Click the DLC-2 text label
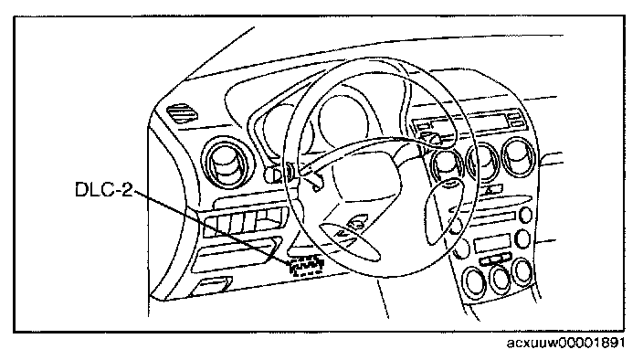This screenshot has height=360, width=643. click(x=104, y=189)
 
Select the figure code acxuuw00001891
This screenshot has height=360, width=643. click(x=565, y=342)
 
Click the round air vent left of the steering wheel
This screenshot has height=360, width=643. click(x=226, y=163)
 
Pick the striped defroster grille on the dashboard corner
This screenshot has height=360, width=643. click(x=184, y=112)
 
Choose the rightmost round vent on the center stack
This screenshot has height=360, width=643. click(x=519, y=156)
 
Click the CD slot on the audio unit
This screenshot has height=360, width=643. click(x=493, y=216)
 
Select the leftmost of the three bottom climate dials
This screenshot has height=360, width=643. click(x=474, y=281)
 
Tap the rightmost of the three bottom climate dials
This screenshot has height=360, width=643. click(x=522, y=272)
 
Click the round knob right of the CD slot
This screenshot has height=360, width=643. click(x=525, y=215)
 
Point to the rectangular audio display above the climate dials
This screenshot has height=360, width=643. click(x=493, y=244)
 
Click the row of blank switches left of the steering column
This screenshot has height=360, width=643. click(x=245, y=223)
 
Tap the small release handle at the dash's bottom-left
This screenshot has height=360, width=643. click(x=213, y=285)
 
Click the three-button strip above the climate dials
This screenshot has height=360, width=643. click(x=495, y=259)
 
